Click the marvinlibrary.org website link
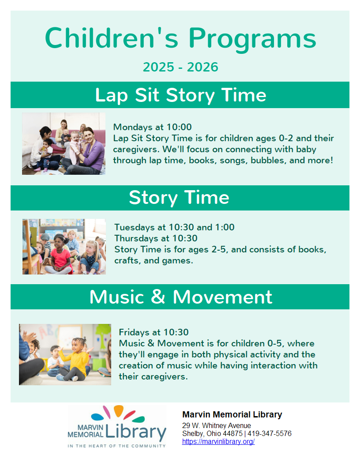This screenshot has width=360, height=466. [x=218, y=442]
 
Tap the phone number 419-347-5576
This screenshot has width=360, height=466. [x=270, y=434]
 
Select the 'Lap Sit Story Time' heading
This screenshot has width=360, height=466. [x=180, y=95]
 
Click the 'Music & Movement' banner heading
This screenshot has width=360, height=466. [x=180, y=297]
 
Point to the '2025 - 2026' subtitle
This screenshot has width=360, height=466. [x=180, y=67]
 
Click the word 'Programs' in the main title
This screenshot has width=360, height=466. [x=252, y=39]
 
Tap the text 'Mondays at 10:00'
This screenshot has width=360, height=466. [x=152, y=127]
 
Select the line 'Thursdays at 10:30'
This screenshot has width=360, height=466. [x=156, y=238]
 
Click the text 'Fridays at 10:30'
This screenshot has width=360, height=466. [x=154, y=332]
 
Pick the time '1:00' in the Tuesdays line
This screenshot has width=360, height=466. [x=225, y=227]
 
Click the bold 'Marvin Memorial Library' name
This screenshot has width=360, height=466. [x=232, y=414]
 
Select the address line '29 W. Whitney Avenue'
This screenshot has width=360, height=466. [x=217, y=425]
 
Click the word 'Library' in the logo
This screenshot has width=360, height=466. [x=136, y=432]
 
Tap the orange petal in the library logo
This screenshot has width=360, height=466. [x=119, y=410]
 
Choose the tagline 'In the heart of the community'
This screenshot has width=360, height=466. [x=116, y=446]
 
